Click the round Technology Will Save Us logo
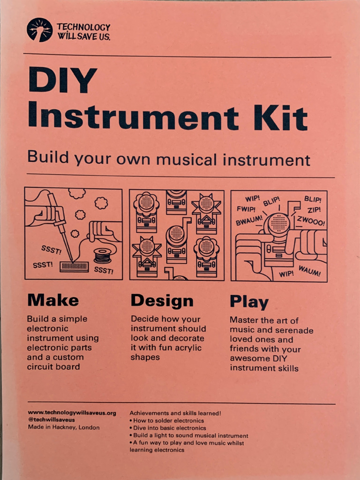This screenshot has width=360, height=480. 39,30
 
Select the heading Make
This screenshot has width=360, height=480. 53,300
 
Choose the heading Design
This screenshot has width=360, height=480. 162,300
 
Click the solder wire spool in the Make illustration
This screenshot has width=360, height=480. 102,255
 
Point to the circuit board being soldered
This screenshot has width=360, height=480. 74,266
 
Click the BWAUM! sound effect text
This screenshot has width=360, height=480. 249,220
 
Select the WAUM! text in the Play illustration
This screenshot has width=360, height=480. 309,271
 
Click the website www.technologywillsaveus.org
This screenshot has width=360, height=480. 72,413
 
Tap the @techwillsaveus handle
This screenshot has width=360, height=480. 51,420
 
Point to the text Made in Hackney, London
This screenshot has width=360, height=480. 64,427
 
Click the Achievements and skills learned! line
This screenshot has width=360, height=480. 175,413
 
